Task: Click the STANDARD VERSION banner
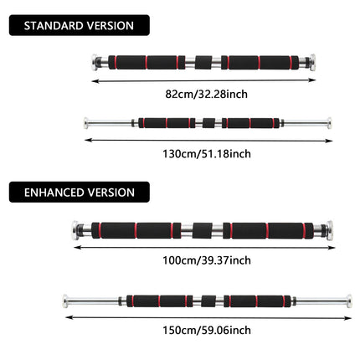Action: point(80,25)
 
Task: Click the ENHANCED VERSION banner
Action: point(80,192)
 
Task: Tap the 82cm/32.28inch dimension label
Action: point(207,94)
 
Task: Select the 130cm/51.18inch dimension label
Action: point(207,154)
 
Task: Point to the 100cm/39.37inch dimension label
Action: point(207,260)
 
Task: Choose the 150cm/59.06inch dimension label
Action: point(207,330)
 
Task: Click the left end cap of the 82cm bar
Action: point(95,62)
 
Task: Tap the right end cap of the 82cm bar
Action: point(312,62)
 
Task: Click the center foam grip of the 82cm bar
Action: point(203,63)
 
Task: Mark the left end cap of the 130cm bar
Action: point(86,123)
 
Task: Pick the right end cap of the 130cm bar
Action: point(330,123)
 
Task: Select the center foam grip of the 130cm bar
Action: point(208,123)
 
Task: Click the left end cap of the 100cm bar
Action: point(75,230)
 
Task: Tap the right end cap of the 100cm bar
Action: point(330,230)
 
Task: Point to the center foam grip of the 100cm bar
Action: point(203,230)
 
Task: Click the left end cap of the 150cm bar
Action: point(65,301)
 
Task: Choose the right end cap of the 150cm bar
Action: point(349,301)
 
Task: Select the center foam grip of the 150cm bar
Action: point(208,301)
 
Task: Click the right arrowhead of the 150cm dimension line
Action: point(348,318)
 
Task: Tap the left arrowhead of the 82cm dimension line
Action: point(95,81)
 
